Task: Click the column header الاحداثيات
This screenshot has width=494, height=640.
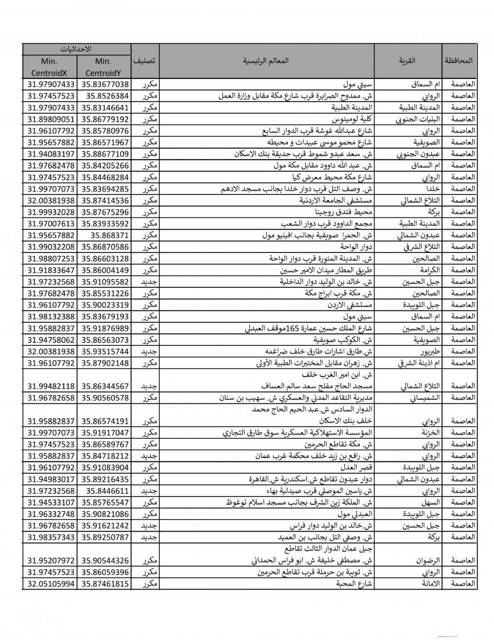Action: pyautogui.click(x=77, y=49)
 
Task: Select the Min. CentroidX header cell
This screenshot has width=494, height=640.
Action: pyautogui.click(x=49, y=67)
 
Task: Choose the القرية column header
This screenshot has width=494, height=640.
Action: pyautogui.click(x=407, y=60)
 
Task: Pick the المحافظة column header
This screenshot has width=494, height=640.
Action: pyautogui.click(x=459, y=60)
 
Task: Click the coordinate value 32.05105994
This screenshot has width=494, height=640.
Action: pyautogui.click(x=49, y=583)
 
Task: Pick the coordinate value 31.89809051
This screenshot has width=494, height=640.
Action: pyautogui.click(x=49, y=119)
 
